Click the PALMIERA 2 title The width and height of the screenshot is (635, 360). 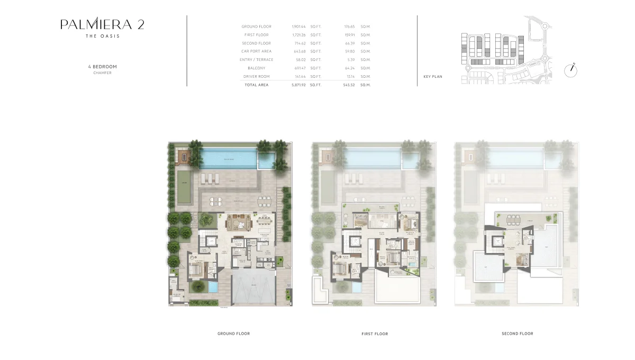click(102, 24)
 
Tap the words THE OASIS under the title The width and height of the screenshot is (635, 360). click(102, 36)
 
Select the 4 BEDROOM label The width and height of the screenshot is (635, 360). click(102, 67)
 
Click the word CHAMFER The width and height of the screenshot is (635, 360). click(102, 73)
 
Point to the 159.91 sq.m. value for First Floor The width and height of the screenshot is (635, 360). click(349, 35)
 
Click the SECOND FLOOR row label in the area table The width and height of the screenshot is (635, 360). click(256, 43)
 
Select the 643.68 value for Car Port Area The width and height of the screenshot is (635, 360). click(300, 51)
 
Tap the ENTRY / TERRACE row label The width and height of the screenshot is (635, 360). click(256, 60)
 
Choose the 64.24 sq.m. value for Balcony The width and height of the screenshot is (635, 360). click(349, 68)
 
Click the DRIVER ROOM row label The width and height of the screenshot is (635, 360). click(256, 77)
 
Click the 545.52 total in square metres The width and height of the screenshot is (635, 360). click(349, 85)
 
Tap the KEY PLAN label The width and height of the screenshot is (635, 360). click(433, 77)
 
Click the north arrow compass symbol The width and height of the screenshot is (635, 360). click(570, 70)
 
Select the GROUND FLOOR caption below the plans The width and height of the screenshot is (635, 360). click(233, 334)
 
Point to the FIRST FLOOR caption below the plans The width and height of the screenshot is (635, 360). click(375, 334)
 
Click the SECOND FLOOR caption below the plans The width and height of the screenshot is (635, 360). click(517, 334)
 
